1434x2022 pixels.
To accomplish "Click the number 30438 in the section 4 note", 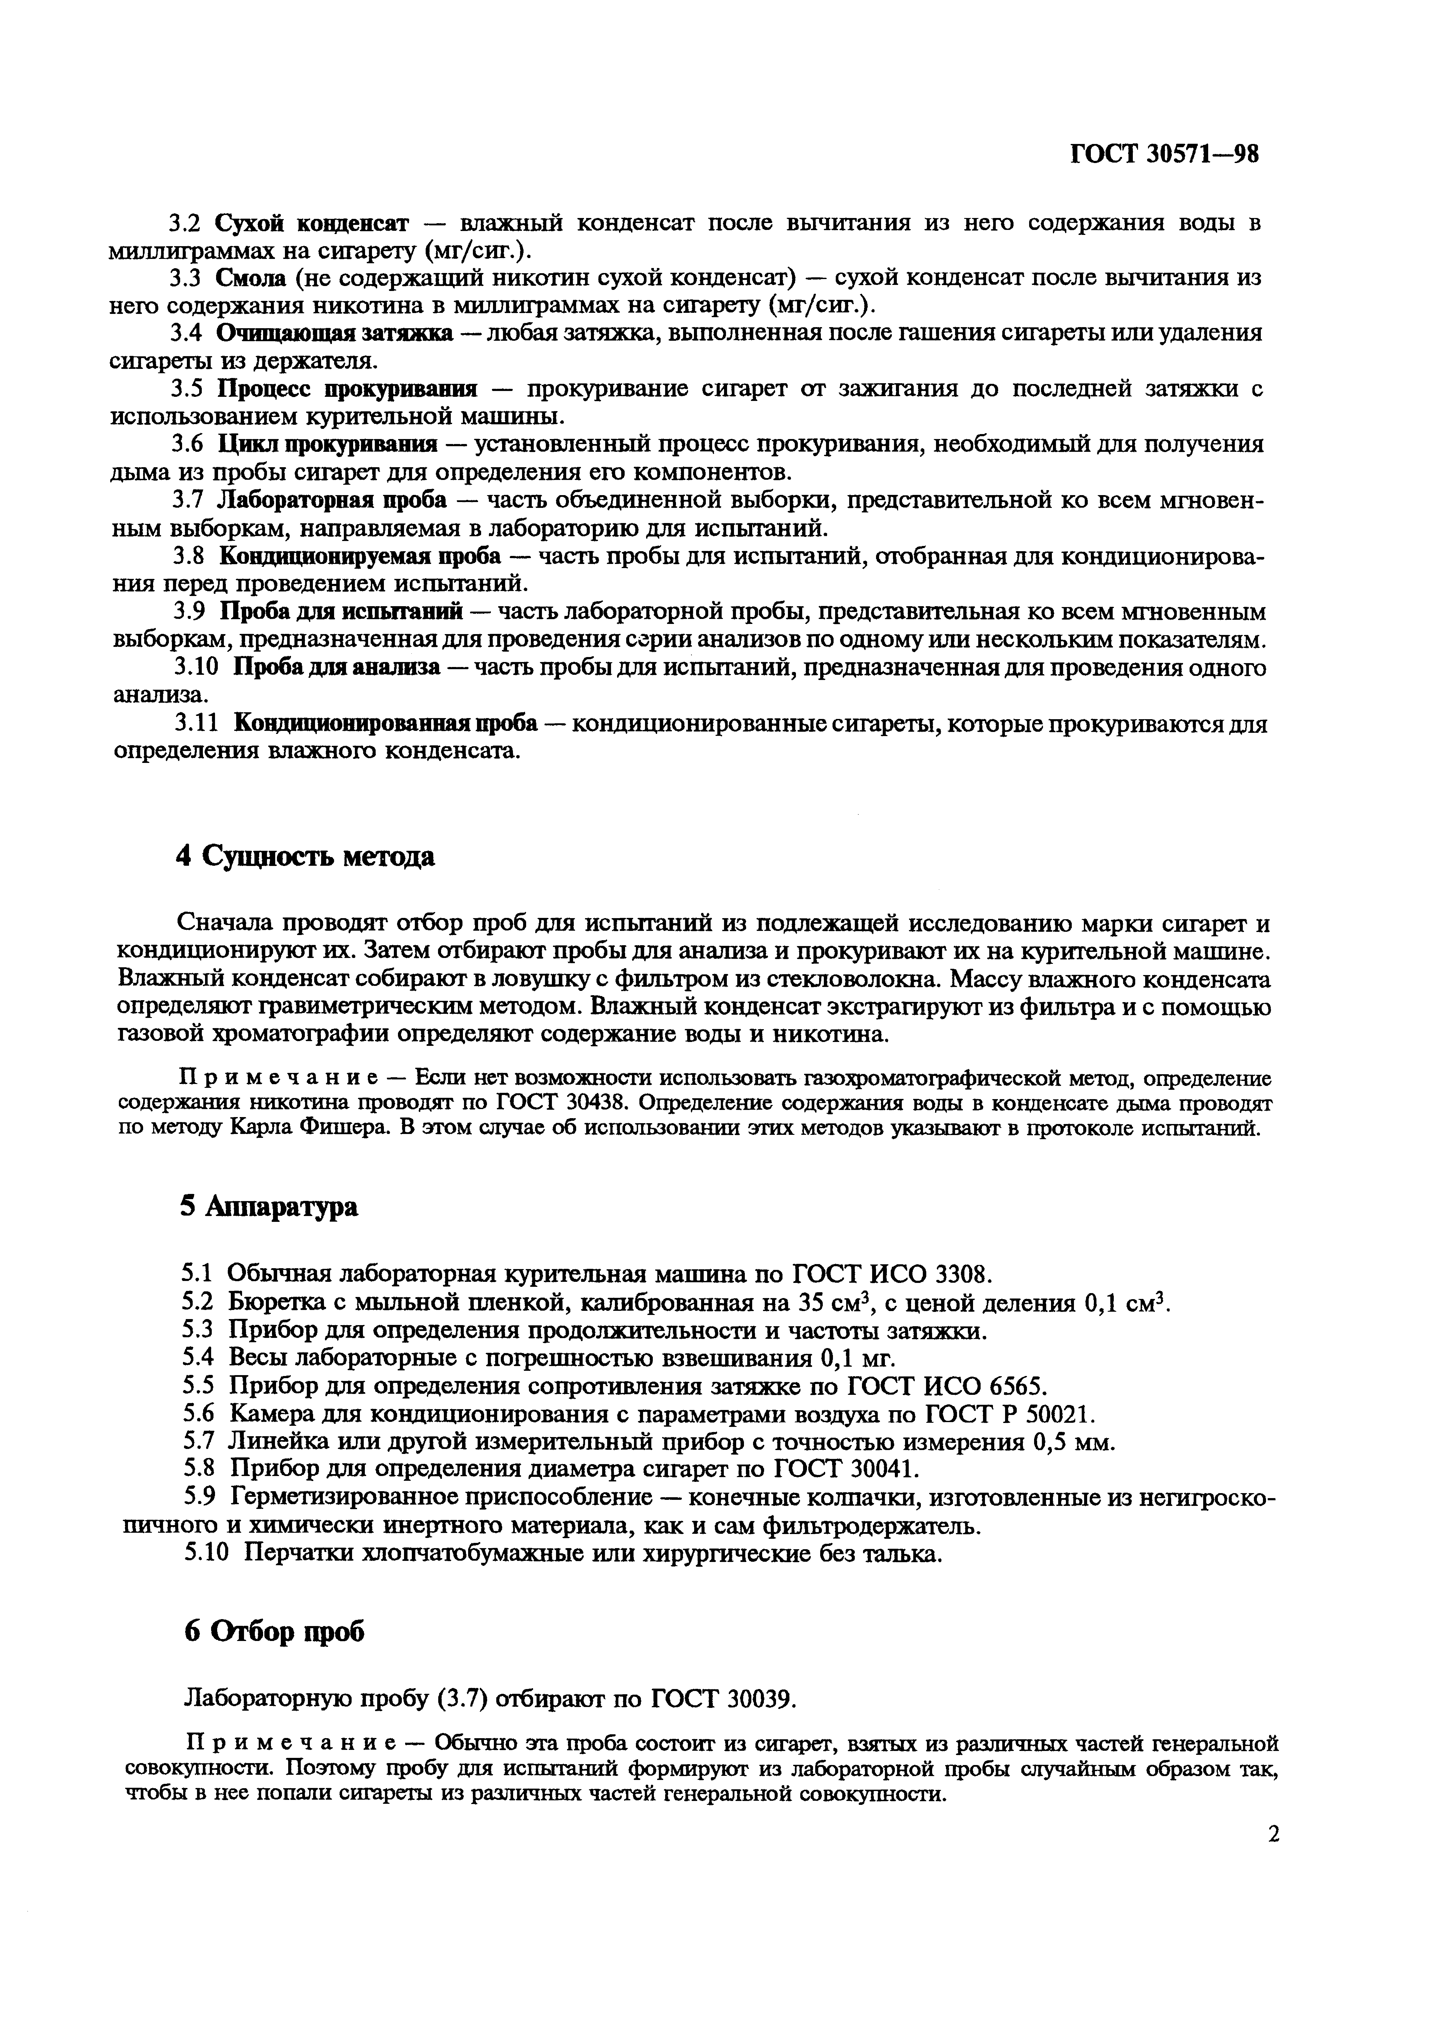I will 583,1103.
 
